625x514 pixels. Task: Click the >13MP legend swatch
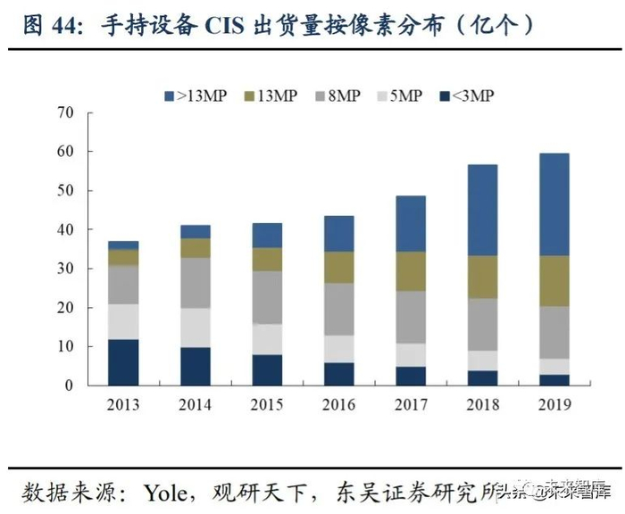(169, 95)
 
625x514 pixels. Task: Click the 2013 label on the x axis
(123, 406)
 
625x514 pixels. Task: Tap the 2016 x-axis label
(338, 406)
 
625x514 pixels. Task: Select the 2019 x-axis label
(554, 406)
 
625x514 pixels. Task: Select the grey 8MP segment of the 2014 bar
(195, 283)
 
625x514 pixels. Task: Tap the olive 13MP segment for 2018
(482, 278)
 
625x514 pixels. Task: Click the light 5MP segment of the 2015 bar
(267, 339)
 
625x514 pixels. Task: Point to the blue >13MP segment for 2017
(411, 224)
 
